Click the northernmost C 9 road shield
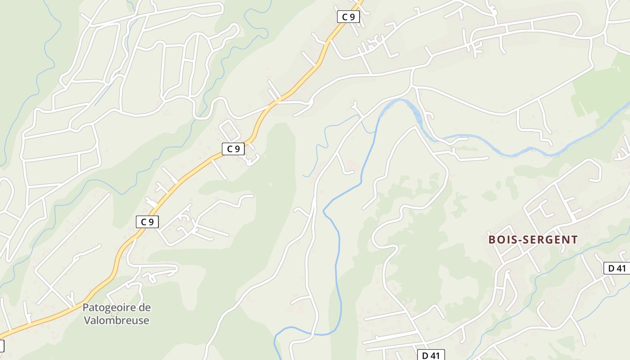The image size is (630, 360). point(348,17)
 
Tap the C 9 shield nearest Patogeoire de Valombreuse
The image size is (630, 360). point(147,221)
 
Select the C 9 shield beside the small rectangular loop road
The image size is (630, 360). point(233,149)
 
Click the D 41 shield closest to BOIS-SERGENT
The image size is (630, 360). point(616,268)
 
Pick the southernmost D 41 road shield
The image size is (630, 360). point(431,355)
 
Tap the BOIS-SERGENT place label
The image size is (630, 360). point(533,240)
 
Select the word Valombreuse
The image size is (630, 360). point(117,320)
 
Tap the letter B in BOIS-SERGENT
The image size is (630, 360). point(492,240)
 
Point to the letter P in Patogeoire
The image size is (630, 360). point(85,308)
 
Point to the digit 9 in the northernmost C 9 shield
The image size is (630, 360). point(352,17)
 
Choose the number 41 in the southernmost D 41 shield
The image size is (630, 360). point(434,355)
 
